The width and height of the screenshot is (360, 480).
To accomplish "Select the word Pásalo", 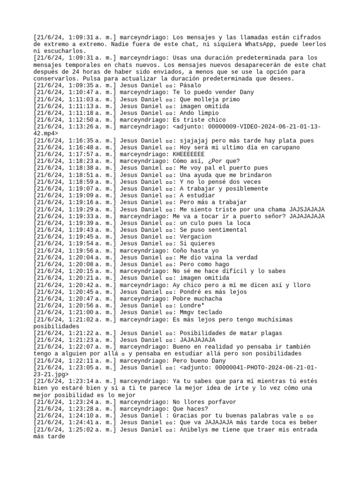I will [x=190, y=86].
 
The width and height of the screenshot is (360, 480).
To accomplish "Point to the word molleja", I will [x=207, y=99].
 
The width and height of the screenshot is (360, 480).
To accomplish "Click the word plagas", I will [x=269, y=333].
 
